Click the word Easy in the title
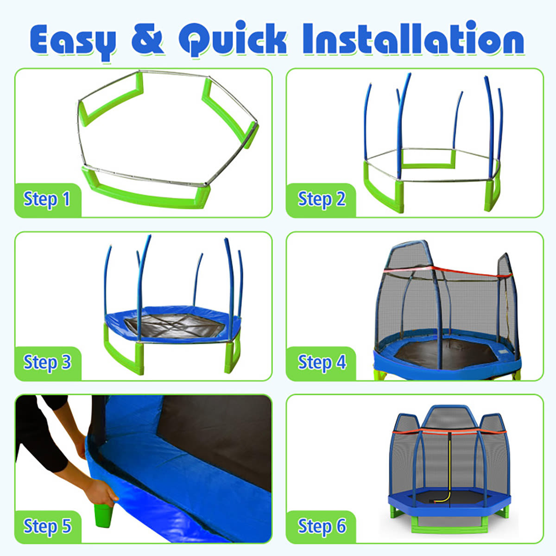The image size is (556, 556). tap(73, 41)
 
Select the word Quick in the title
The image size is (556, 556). tap(233, 38)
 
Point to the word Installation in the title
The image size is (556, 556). tap(414, 38)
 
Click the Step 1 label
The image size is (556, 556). tap(47, 199)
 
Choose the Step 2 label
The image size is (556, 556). tap(322, 199)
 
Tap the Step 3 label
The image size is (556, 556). tap(47, 362)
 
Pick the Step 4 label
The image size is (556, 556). tap(322, 362)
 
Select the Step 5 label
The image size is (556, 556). tap(47, 526)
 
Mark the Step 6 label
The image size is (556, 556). tap(322, 526)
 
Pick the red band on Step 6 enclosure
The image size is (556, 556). tap(449, 432)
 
